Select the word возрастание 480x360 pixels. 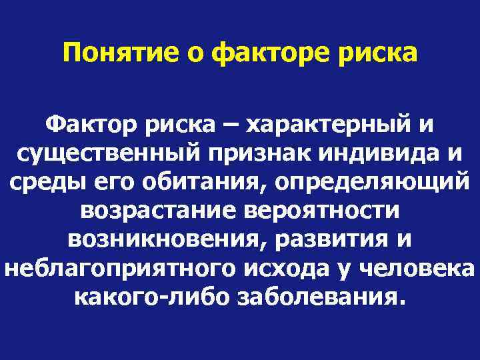pyautogui.click(x=158, y=211)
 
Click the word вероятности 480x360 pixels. pyautogui.click(x=322, y=211)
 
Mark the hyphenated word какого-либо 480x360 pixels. pyautogui.click(x=150, y=297)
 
